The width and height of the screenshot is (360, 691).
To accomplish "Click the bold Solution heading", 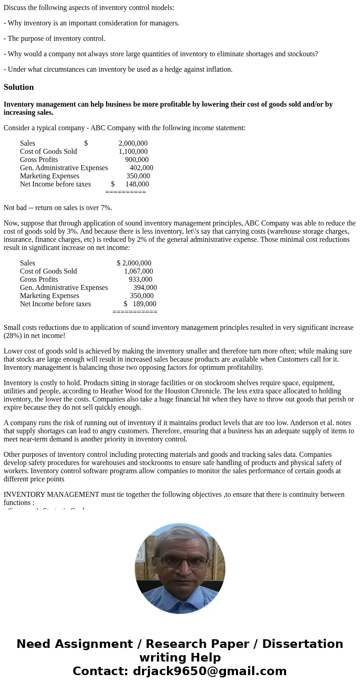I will coord(19,87).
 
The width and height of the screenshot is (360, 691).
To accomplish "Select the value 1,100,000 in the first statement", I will coord(133,152).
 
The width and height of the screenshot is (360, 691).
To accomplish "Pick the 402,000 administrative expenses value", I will coord(141,168).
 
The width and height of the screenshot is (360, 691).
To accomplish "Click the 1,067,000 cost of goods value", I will coord(138,271).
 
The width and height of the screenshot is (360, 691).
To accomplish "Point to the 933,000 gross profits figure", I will coord(140,279).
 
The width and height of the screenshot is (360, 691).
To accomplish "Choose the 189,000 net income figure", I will coord(144,304).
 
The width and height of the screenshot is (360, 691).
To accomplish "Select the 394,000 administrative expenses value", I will coord(145,288).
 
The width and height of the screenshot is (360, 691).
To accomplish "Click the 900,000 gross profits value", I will coord(136,160).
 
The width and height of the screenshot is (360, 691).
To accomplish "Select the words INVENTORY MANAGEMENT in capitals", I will coord(51,495).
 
